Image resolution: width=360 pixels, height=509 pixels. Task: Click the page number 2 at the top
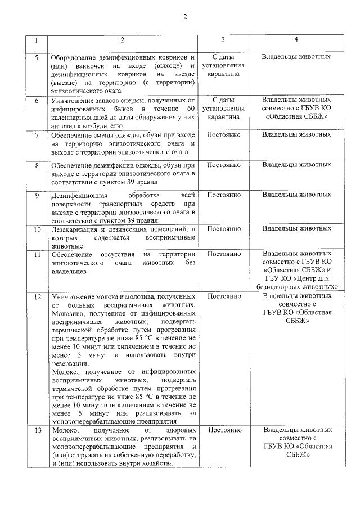coord(184,15)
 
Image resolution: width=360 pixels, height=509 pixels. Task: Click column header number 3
coord(223,40)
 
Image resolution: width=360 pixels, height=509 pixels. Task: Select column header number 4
coord(296,40)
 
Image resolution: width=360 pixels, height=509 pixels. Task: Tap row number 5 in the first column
coord(37,57)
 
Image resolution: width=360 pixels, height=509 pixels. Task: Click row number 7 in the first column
coord(37,135)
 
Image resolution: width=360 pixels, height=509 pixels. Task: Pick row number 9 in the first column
coord(37,195)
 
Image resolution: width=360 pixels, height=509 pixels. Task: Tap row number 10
coord(37,229)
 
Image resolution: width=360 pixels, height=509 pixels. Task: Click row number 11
coord(37,254)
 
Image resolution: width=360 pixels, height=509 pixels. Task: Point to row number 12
coord(37,296)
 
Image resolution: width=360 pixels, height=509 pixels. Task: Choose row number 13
coord(37,430)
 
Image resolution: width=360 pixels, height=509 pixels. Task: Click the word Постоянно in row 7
coord(224,135)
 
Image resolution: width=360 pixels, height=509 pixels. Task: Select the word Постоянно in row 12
coord(224,296)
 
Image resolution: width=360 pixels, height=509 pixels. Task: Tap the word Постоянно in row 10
coord(224,229)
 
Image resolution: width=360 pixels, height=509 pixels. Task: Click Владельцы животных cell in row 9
coord(296,195)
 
